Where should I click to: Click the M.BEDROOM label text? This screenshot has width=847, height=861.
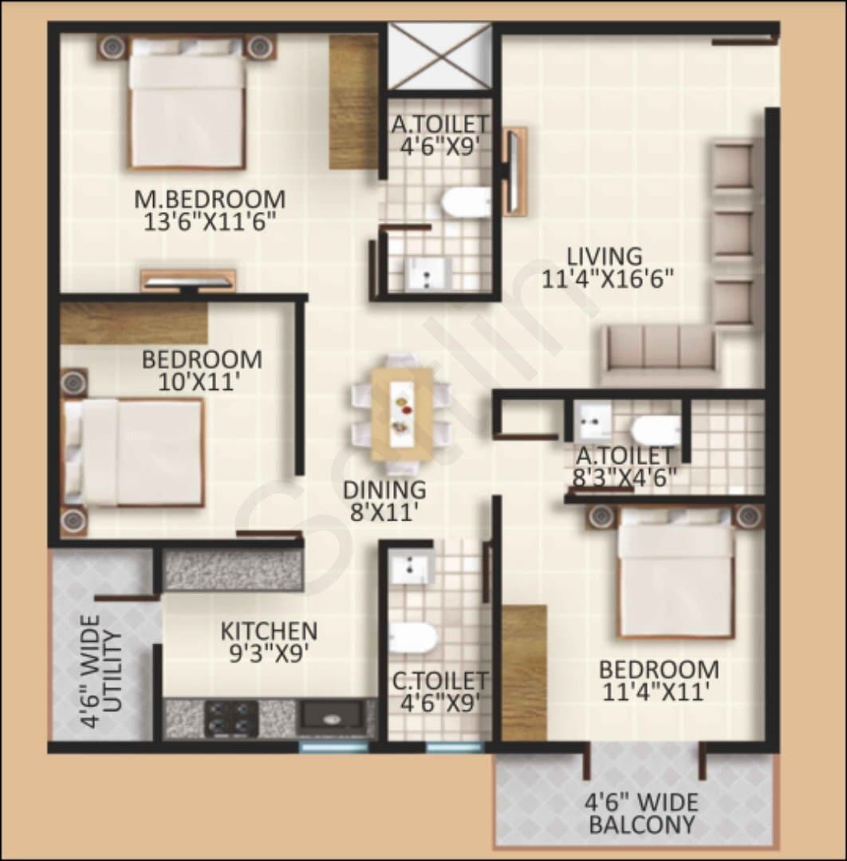pyautogui.click(x=211, y=199)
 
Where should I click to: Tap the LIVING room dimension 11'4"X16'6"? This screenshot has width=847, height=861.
pyautogui.click(x=608, y=280)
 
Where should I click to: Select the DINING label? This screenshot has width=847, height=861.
pyautogui.click(x=384, y=489)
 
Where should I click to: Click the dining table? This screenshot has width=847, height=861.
pyautogui.click(x=401, y=414)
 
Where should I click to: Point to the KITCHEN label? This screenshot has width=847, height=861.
pyautogui.click(x=269, y=631)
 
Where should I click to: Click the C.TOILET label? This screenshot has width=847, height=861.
pyautogui.click(x=439, y=681)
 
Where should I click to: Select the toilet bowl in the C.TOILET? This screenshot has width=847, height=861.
pyautogui.click(x=412, y=639)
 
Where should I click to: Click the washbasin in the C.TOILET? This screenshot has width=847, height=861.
pyautogui.click(x=410, y=568)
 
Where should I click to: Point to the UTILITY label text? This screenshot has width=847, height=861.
pyautogui.click(x=112, y=671)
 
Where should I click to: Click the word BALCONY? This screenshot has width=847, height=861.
pyautogui.click(x=641, y=824)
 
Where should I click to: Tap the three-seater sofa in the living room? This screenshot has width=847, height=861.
pyautogui.click(x=659, y=355)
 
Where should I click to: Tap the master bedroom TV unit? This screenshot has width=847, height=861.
pyautogui.click(x=188, y=280)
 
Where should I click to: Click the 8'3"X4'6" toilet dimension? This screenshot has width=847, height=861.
pyautogui.click(x=624, y=478)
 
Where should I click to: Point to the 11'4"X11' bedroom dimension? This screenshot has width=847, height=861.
pyautogui.click(x=653, y=692)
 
